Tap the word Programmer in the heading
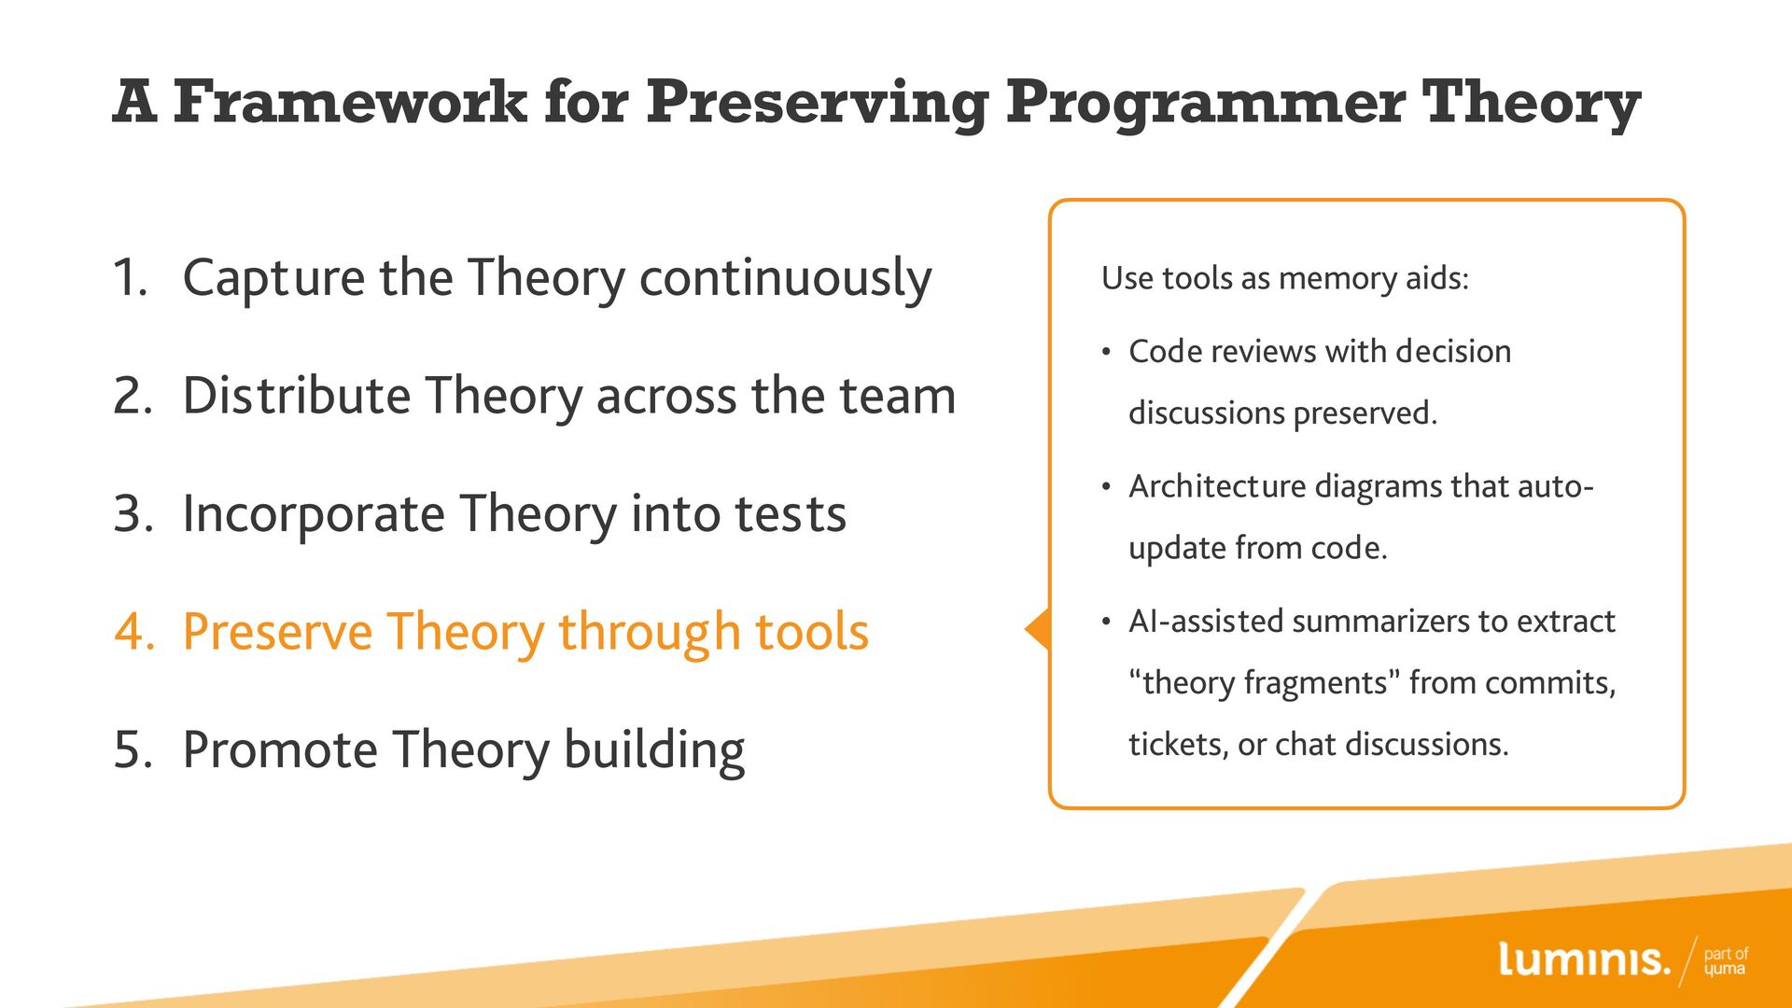[1205, 103]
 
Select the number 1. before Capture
[131, 277]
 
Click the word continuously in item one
[785, 279]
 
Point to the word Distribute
[297, 395]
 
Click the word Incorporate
[314, 515]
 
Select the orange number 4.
[134, 632]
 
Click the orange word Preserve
[277, 632]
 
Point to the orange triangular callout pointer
[1038, 630]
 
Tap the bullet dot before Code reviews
[1106, 353]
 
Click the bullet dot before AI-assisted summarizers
[1106, 623]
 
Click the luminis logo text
[1584, 959]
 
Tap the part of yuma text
[1726, 961]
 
